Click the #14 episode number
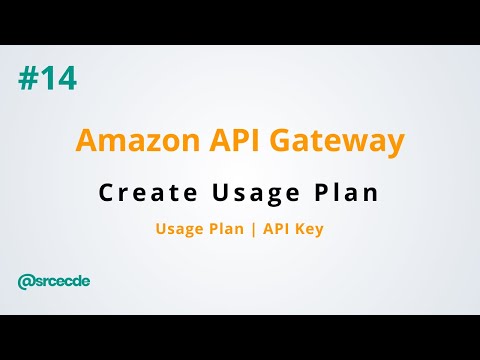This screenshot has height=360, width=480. (x=47, y=78)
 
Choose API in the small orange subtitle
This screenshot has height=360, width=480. (x=272, y=229)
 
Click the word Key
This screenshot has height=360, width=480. (x=308, y=229)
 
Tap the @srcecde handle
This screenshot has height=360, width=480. (x=54, y=281)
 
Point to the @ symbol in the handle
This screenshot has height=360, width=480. (x=25, y=281)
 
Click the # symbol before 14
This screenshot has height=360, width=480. (x=27, y=78)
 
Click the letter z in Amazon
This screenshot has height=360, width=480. (x=136, y=142)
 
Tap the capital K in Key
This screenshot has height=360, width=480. (x=298, y=229)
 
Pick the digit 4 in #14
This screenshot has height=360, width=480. (x=65, y=78)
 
